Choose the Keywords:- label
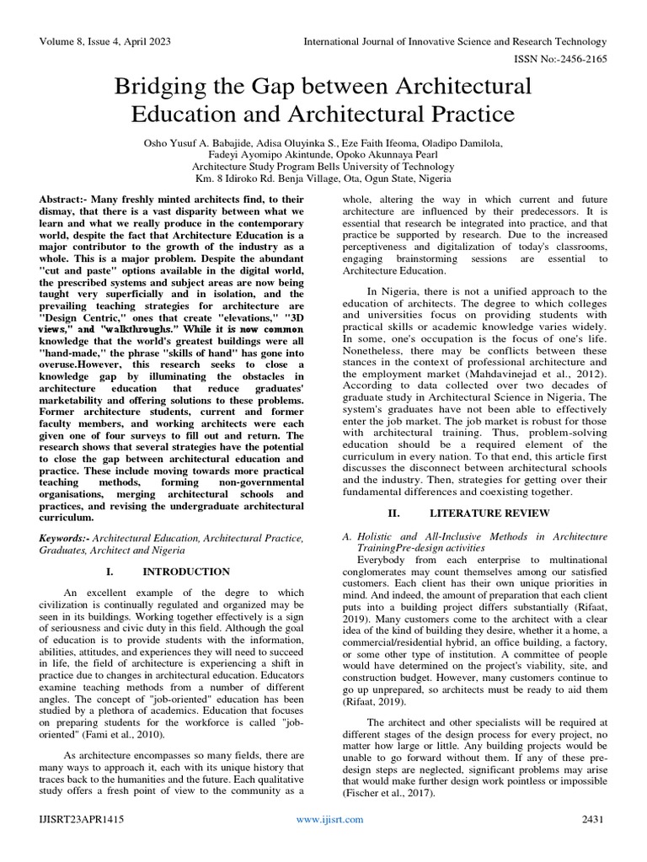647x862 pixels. click(64, 537)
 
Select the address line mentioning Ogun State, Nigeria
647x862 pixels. click(323, 178)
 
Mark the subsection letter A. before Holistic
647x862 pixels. click(345, 536)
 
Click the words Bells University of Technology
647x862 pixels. click(392, 167)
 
